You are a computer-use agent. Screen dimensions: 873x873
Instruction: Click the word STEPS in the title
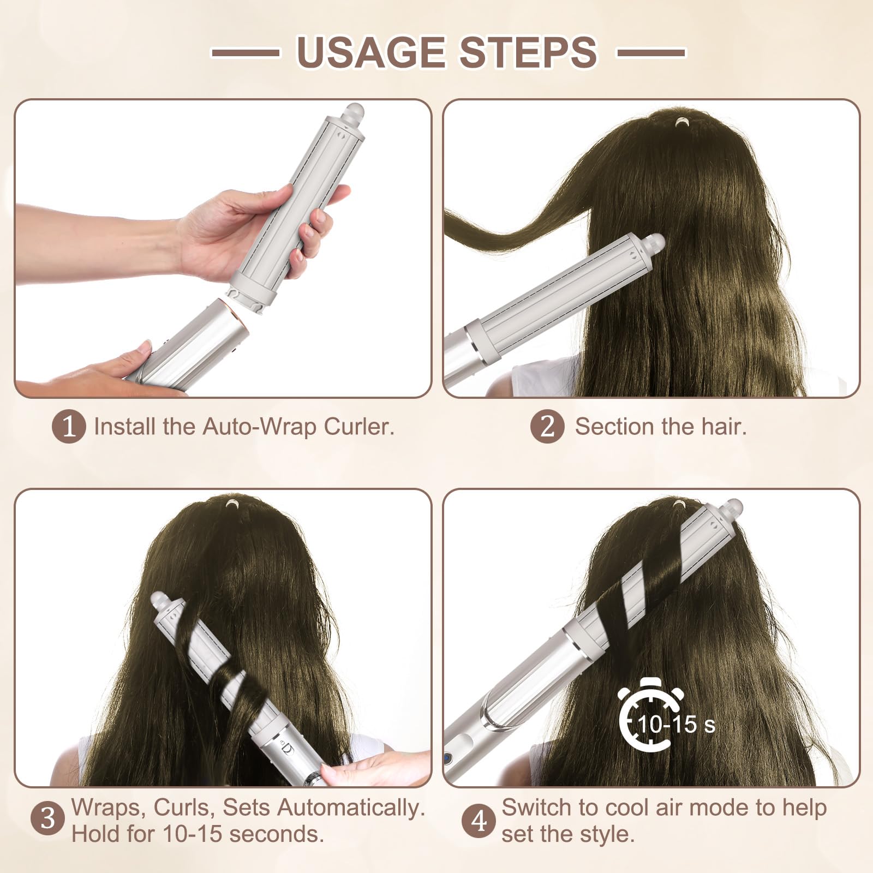(528, 52)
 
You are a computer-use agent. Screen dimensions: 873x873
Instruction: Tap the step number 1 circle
(69, 427)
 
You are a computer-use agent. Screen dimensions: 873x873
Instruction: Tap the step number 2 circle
(547, 426)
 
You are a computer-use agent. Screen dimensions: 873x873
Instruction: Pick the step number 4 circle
(479, 820)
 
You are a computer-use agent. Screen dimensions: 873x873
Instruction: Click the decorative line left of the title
(246, 53)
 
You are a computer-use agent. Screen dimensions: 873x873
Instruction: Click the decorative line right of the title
(651, 53)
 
